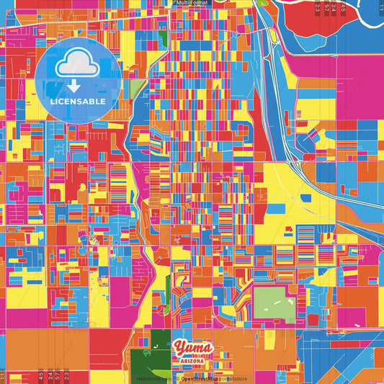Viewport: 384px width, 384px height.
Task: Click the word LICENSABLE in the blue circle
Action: click(78, 102)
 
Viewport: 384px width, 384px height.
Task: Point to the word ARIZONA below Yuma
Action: click(193, 361)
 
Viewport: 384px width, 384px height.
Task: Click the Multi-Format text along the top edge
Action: click(192, 3)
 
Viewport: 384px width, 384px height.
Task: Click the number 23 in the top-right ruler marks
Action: click(317, 9)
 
